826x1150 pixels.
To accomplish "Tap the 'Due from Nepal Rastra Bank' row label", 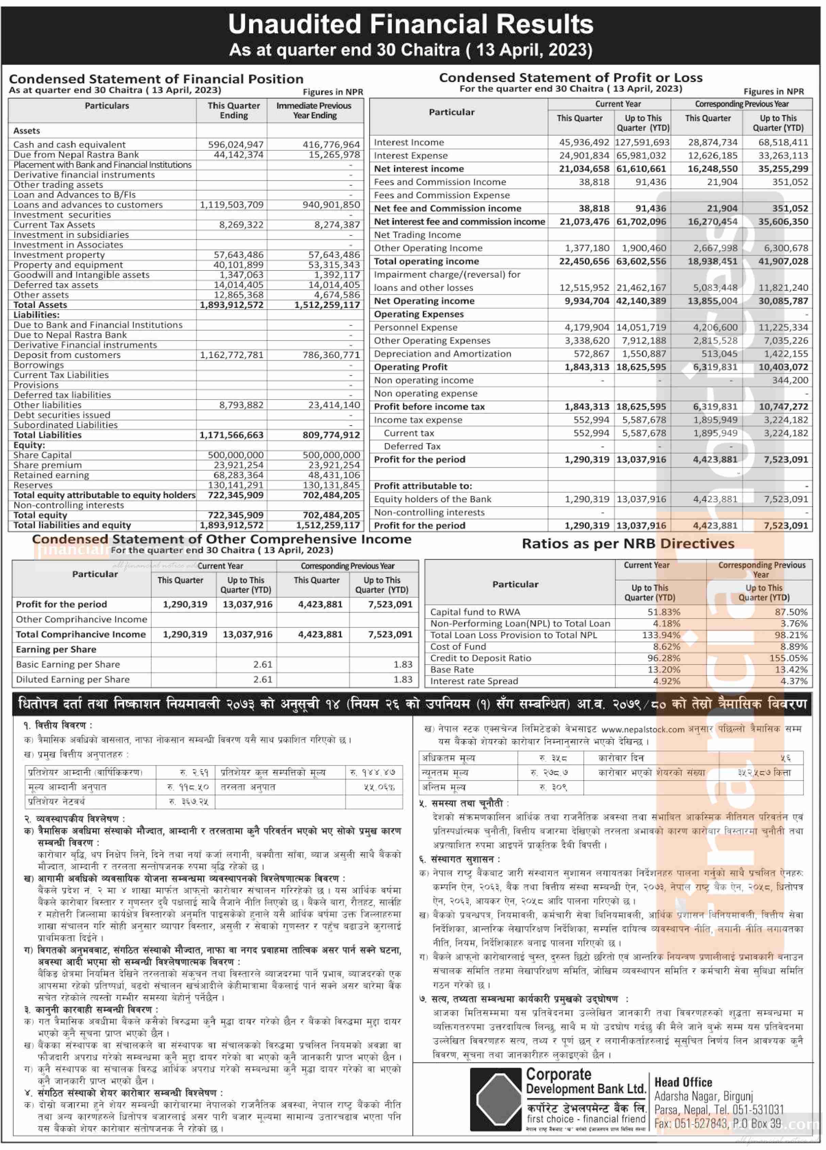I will coord(76,155).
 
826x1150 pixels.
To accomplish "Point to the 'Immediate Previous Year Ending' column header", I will coord(314,111).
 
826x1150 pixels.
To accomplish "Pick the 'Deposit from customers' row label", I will coord(67,355).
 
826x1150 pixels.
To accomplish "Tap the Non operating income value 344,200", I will coord(790,380).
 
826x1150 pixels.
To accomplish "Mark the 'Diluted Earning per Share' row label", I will coord(72,679).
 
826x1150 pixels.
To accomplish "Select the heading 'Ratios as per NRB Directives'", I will coord(628,544).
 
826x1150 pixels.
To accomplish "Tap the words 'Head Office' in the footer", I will coord(683,1083).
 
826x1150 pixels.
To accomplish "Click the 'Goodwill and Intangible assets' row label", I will coord(81,275).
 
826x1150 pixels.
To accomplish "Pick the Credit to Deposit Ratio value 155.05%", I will coord(788,658).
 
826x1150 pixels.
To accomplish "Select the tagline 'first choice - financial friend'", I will coord(586,1119).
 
